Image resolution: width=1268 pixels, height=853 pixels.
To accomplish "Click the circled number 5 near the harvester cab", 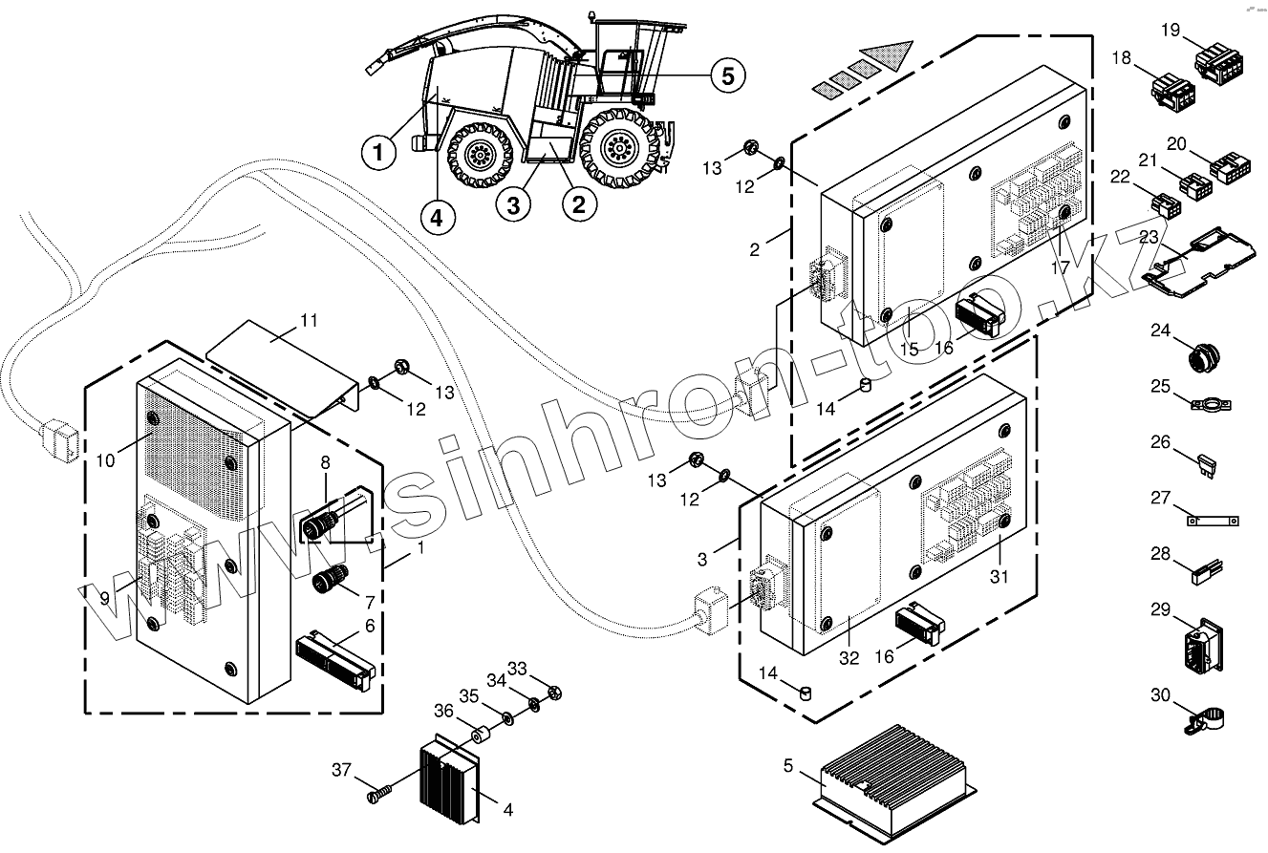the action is click(727, 75).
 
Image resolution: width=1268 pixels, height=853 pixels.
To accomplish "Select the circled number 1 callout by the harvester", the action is click(378, 152).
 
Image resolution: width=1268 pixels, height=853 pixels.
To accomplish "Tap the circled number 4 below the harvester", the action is click(436, 217).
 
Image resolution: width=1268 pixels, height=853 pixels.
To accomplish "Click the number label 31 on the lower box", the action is click(999, 577).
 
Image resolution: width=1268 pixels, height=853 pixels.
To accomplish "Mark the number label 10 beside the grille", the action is click(105, 460).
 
